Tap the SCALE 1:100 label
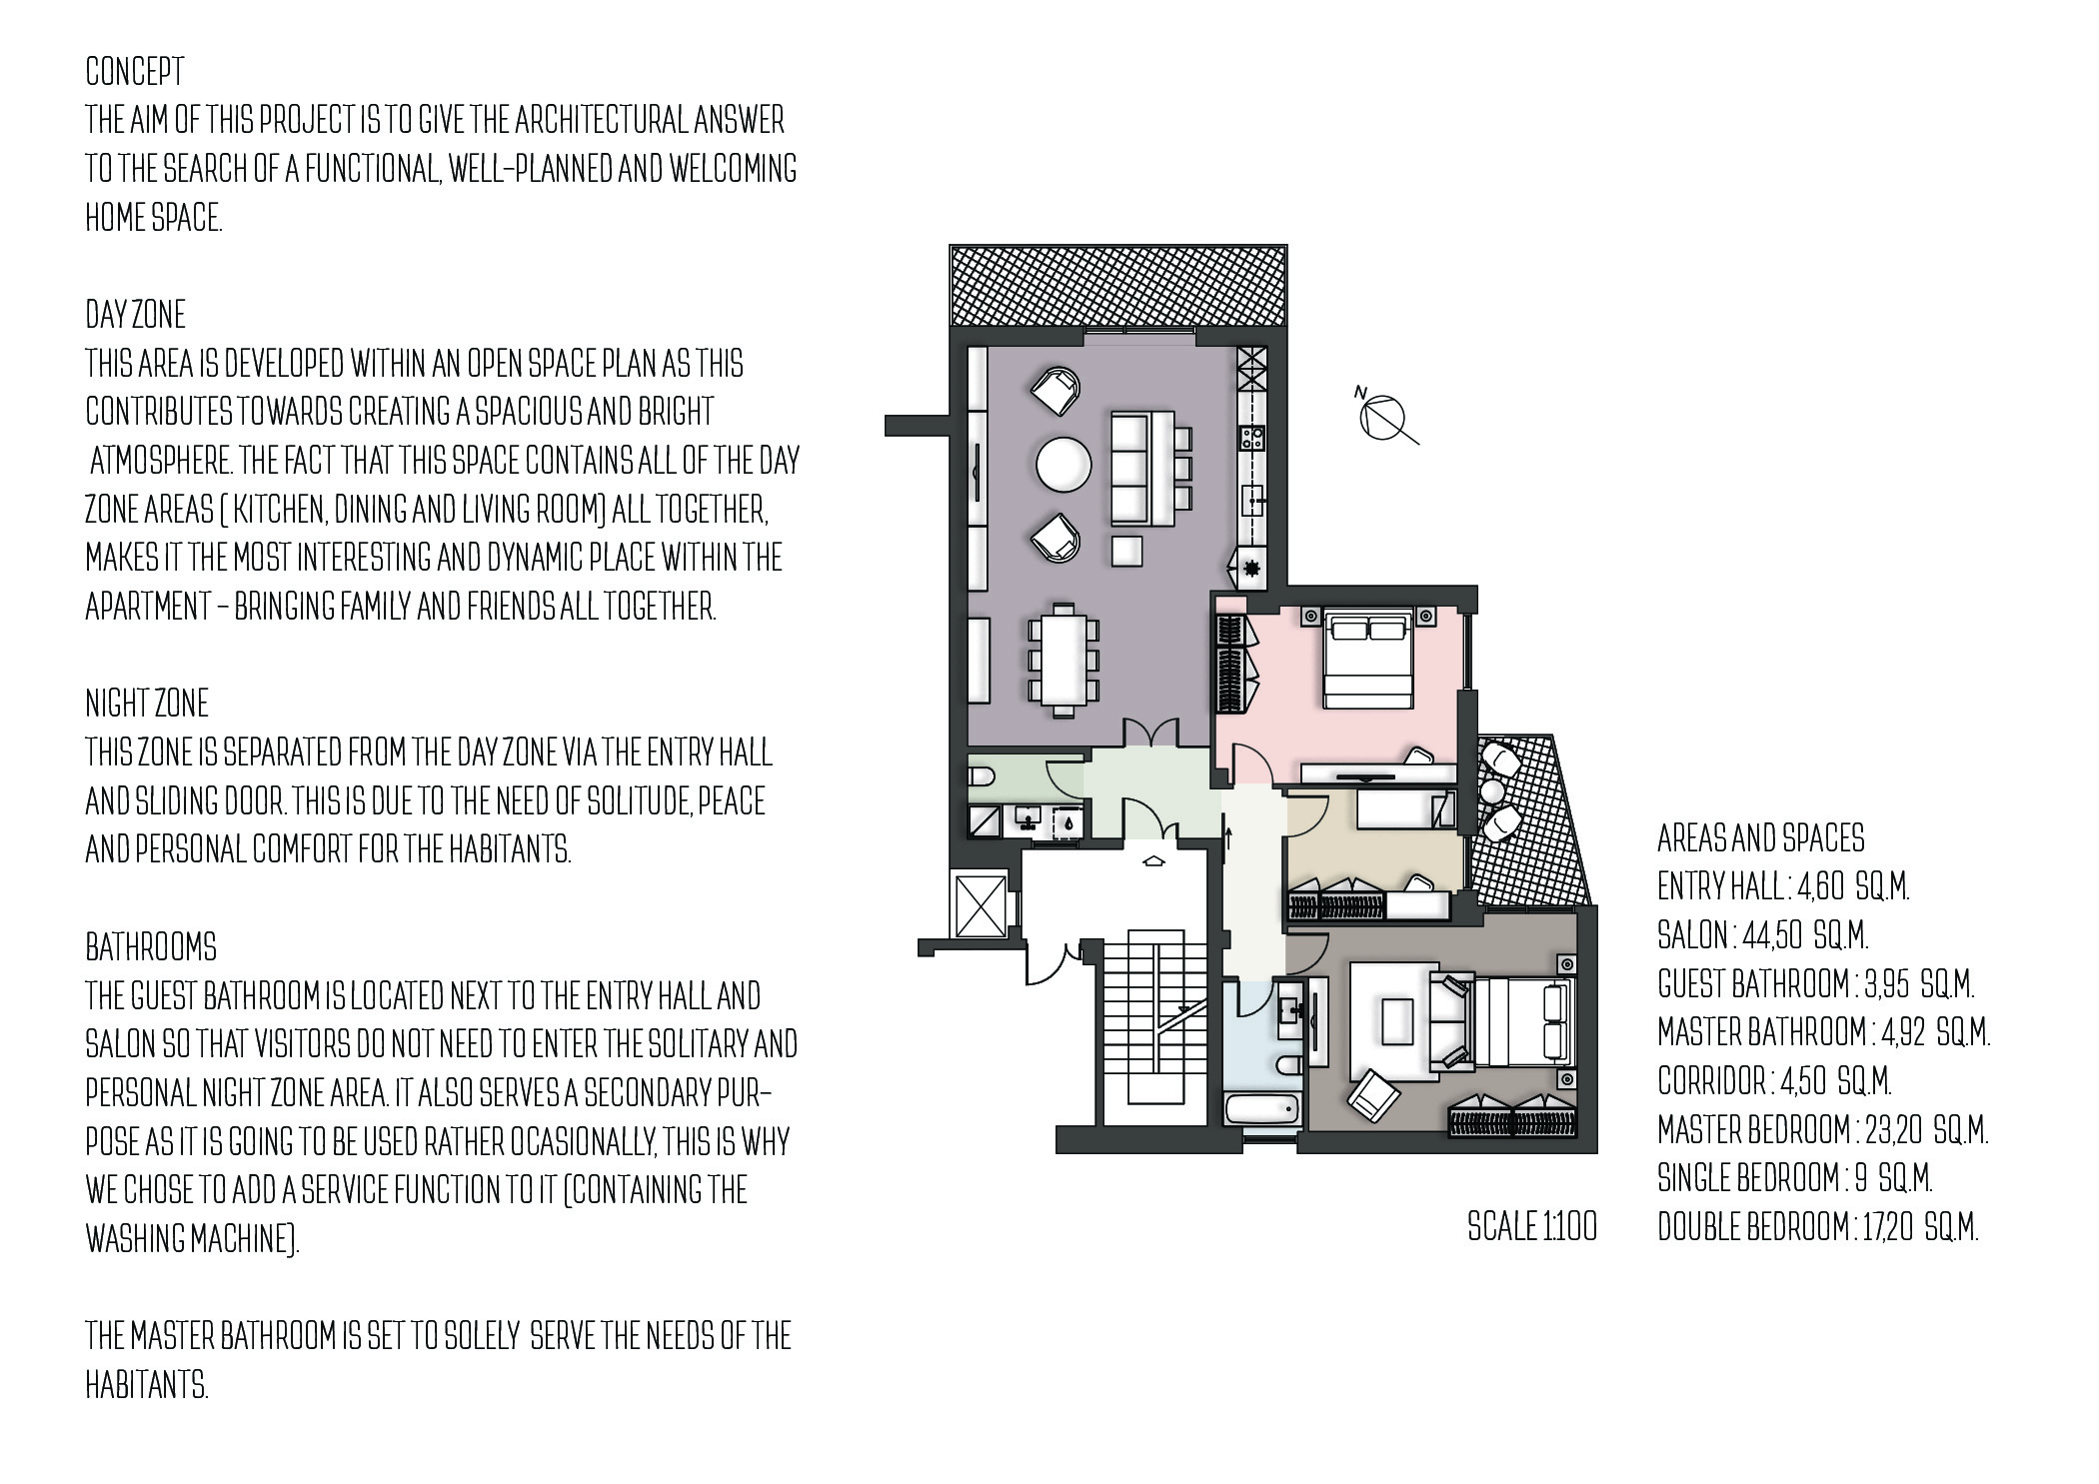pos(1532,1226)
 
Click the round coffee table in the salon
pos(1064,465)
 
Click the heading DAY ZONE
pos(135,315)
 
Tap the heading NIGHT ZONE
pos(147,704)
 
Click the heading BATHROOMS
pos(150,946)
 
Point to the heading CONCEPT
pos(135,72)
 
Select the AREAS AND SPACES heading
pos(1761,837)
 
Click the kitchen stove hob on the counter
pos(1252,437)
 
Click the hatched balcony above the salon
pos(1118,286)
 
